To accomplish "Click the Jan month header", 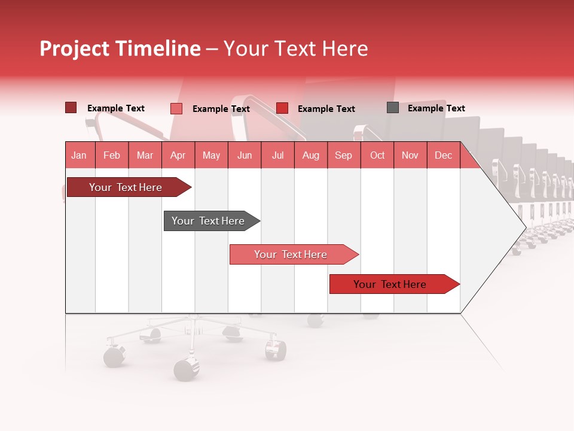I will [79, 155].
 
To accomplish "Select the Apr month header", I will [178, 155].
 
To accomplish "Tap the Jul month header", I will [277, 155].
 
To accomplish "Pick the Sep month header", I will [343, 155].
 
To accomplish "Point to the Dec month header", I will [443, 155].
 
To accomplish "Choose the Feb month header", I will [112, 155].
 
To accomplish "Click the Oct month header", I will [377, 155].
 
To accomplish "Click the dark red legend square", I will [71, 108].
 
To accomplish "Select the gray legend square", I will [393, 108].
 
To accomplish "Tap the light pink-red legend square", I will [176, 108].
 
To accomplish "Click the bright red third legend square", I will [282, 108].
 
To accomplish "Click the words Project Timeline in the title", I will [120, 48].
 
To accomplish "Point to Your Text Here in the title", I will [295, 48].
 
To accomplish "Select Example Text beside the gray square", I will [436, 108].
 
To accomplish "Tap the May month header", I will [211, 155].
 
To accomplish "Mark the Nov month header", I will [410, 155].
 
